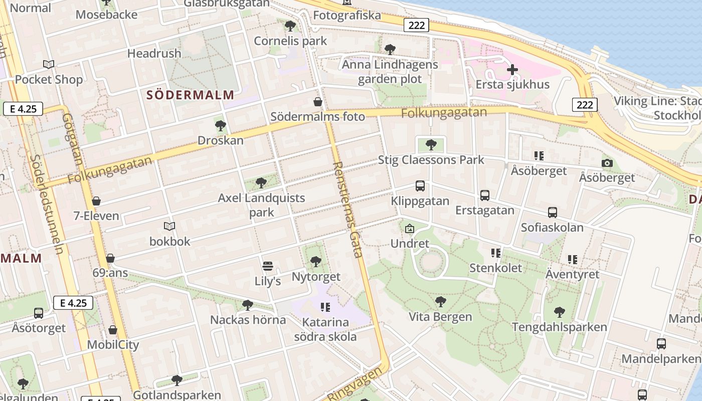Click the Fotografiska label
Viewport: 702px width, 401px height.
pos(347,16)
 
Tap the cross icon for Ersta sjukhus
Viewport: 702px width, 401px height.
pos(512,70)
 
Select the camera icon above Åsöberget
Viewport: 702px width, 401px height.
pos(607,163)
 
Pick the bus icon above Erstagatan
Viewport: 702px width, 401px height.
pos(484,195)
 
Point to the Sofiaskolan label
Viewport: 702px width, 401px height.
pos(552,228)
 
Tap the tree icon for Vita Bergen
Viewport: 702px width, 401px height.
pos(440,302)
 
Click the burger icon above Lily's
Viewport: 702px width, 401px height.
pos(268,266)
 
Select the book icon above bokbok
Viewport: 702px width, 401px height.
pos(169,227)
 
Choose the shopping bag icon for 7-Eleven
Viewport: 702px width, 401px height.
pos(96,202)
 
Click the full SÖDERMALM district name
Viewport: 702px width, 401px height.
pos(191,95)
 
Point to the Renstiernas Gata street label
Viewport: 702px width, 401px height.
pos(347,209)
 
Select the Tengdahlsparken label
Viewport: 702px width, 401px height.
pos(559,327)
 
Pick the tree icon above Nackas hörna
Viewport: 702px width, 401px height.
pos(247,305)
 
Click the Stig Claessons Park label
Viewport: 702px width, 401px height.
pos(431,160)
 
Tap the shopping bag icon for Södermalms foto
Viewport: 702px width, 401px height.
pos(317,102)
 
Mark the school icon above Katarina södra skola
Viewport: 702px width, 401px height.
pos(325,307)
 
